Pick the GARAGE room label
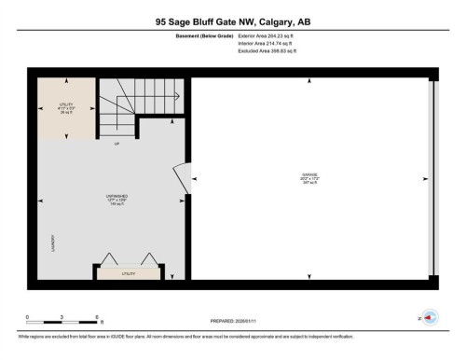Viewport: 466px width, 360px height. click(x=308, y=174)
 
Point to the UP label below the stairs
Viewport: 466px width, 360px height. click(x=116, y=145)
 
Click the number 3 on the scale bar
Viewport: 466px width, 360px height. click(x=61, y=317)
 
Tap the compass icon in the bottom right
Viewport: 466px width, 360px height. click(x=431, y=317)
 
